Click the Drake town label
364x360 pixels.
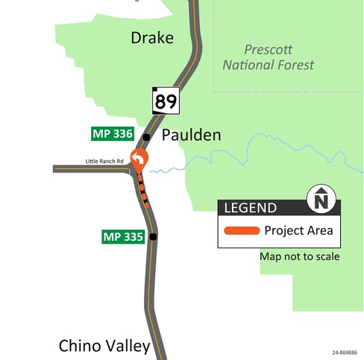152,37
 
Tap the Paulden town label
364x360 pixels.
192,135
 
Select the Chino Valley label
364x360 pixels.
104,346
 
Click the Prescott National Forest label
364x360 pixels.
269,57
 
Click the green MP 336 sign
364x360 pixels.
112,135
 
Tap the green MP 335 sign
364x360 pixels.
122,237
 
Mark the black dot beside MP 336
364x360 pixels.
147,137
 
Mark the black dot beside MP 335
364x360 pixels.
153,237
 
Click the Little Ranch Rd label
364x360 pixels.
104,160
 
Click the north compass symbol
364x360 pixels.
321,200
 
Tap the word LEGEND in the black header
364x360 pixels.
251,208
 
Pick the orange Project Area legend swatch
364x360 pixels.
240,230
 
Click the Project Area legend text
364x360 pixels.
298,230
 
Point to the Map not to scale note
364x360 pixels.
299,256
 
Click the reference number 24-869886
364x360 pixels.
344,353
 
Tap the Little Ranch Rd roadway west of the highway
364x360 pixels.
90,169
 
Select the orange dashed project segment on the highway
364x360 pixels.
142,190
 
